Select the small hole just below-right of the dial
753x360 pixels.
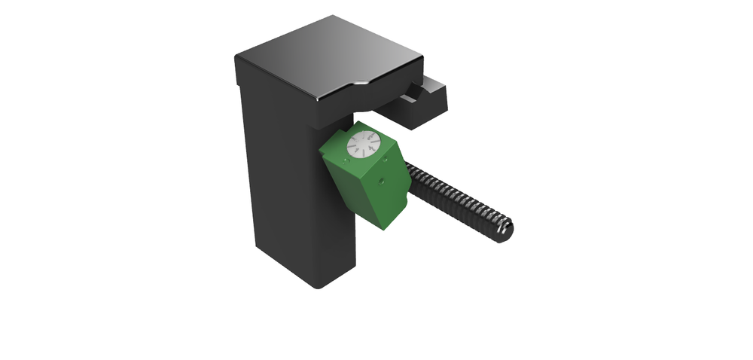[x=386, y=158]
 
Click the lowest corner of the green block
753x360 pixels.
[x=386, y=227]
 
